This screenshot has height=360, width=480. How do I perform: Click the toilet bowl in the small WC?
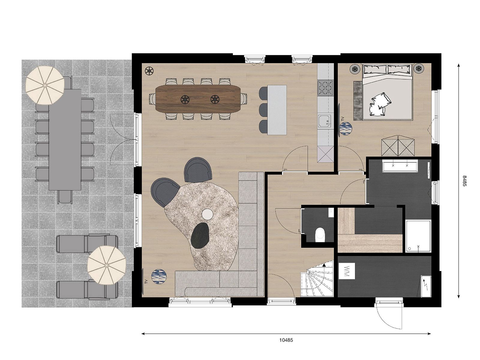point(321,235)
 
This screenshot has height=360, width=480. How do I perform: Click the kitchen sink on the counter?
point(325,121)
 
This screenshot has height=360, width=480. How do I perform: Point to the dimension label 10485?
point(286,340)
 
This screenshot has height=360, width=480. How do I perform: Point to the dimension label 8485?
point(464,181)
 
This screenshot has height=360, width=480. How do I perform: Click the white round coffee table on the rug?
point(207,214)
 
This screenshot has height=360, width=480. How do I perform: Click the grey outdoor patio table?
point(65,139)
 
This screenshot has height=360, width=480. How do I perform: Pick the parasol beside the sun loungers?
point(106,265)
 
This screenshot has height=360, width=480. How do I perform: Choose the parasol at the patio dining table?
point(45,85)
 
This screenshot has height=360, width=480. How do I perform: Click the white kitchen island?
point(277,110)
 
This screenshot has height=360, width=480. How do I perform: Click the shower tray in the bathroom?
point(418,236)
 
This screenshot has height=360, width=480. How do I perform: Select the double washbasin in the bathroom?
point(400,166)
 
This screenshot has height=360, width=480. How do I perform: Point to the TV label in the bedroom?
point(343,119)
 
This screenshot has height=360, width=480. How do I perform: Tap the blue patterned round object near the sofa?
point(159,277)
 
